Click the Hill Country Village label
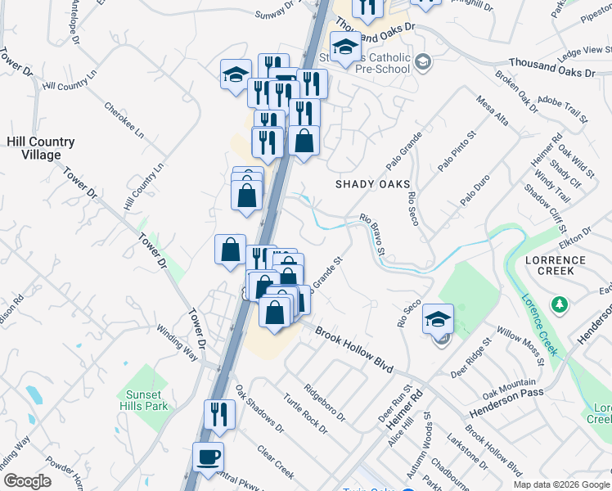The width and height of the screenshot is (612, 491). (40, 148)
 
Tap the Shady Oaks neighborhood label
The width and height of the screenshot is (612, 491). (372, 184)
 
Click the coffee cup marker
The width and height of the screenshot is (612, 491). (208, 457)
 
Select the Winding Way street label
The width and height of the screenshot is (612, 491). (178, 343)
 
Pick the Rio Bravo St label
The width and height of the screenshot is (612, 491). (372, 236)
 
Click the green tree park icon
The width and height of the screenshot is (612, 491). (560, 304)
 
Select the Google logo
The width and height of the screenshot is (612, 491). (27, 481)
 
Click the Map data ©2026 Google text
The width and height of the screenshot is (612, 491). (561, 484)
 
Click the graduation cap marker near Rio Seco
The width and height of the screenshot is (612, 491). (438, 318)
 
